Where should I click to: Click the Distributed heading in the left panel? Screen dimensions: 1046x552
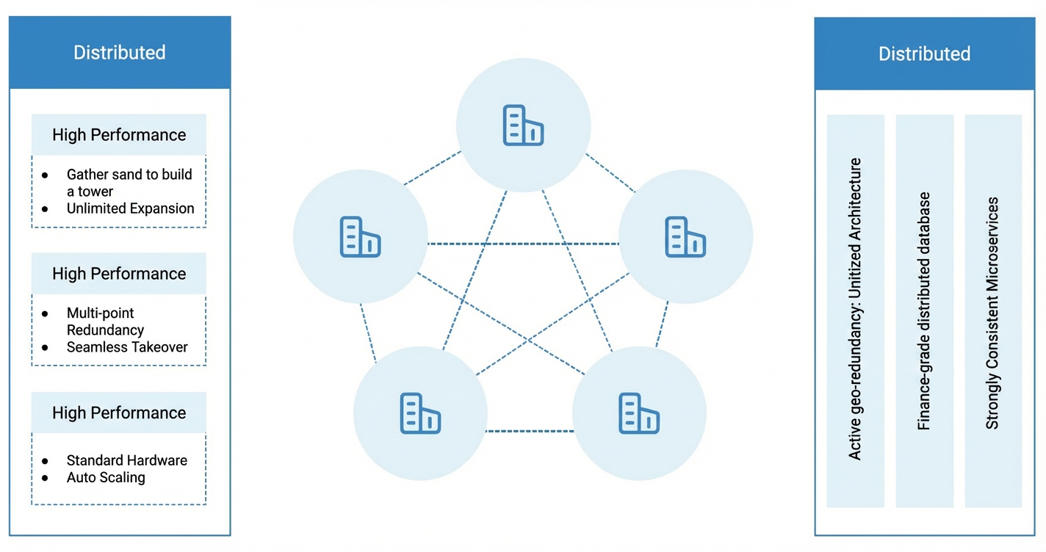120,53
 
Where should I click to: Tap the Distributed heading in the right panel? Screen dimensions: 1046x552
925,54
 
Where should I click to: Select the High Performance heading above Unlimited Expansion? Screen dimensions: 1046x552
119,135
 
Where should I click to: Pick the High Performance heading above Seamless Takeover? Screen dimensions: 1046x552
119,274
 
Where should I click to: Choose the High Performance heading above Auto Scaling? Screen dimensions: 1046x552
119,413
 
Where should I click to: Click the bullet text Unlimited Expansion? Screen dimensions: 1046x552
130,208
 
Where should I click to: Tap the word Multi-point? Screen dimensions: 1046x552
100,313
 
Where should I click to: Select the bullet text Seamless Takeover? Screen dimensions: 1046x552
127,346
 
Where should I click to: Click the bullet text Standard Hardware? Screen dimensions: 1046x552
126,460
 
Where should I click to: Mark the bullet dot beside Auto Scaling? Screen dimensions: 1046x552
45,478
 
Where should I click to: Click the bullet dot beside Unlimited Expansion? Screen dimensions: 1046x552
45,208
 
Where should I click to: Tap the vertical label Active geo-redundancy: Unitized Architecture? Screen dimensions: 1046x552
854,309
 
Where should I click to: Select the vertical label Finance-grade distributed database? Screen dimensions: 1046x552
923,310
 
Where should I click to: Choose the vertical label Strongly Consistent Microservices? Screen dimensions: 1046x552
992,313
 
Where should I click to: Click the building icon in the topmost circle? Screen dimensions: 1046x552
523,125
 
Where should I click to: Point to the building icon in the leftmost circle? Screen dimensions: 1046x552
360,236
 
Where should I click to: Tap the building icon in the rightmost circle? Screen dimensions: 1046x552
685,236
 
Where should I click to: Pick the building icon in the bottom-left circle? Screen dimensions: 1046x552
420,413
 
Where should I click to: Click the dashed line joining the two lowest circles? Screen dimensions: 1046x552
530,431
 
